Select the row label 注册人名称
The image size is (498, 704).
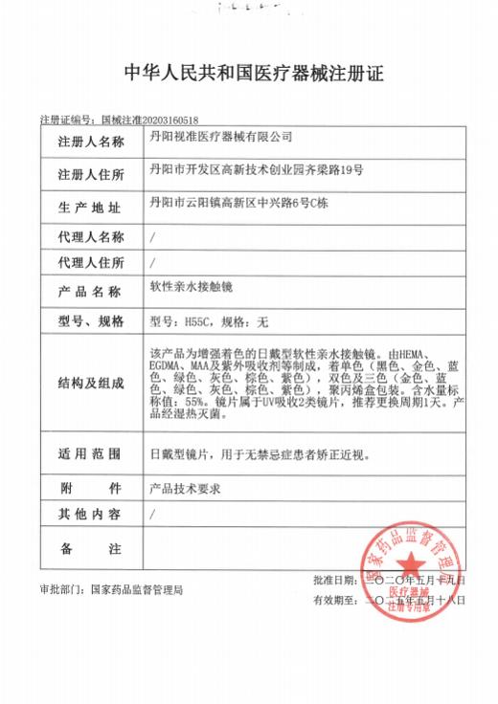[91, 143]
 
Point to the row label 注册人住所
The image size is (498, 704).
[91, 175]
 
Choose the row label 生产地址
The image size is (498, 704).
[91, 206]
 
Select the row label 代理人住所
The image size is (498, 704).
[91, 262]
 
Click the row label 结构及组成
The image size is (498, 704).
[91, 385]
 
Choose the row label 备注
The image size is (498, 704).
[91, 549]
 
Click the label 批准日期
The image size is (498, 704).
[332, 581]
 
